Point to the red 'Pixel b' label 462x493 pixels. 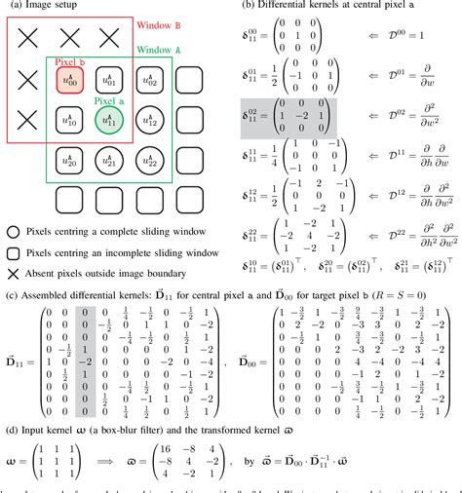[x=68, y=61]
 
